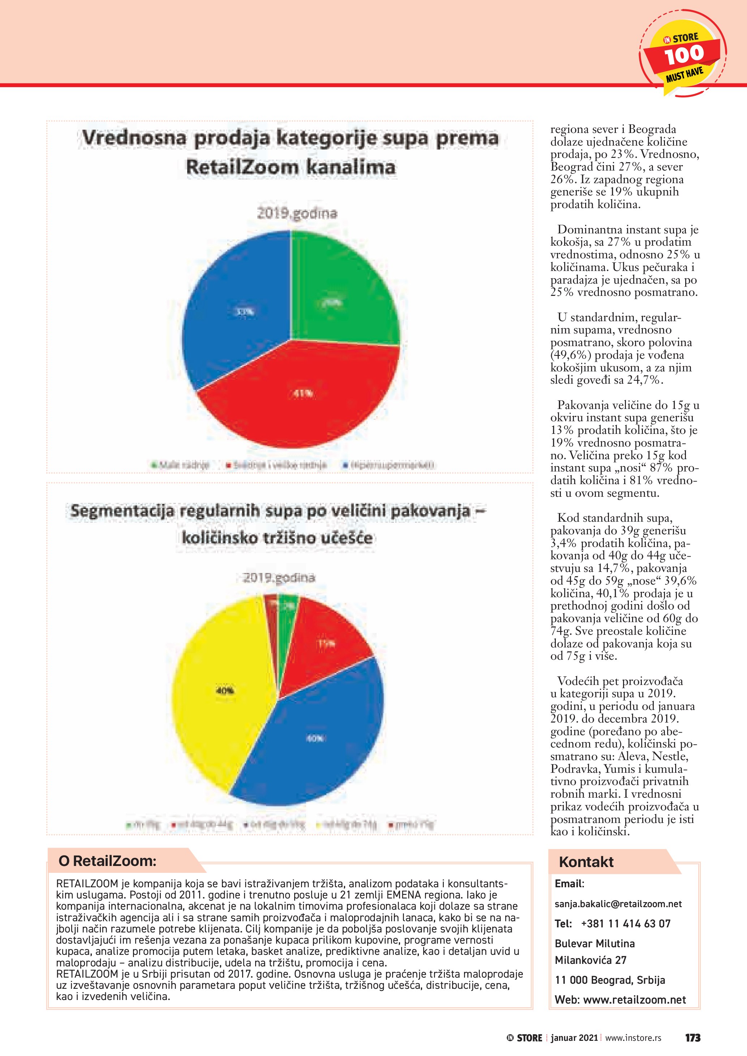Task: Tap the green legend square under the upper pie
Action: click(155, 465)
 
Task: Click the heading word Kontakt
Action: click(586, 862)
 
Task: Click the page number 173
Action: click(693, 1038)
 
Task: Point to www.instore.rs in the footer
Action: click(634, 1038)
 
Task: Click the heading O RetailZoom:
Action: click(107, 861)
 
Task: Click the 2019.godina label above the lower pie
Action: click(279, 578)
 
